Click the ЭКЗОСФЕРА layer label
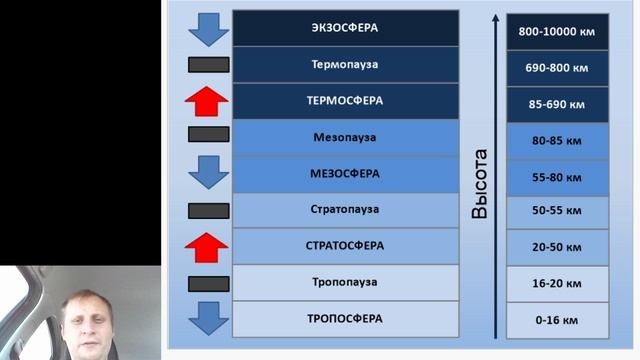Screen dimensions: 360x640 345,28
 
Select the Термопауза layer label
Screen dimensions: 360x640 345,65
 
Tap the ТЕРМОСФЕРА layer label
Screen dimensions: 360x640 345,101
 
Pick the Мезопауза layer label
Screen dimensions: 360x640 345,137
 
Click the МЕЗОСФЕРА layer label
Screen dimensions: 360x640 345,173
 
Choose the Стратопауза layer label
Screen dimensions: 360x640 345,209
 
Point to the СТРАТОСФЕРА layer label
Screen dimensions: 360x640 345,245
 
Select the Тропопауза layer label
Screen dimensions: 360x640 345,282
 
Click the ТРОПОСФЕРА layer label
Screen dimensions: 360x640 345,318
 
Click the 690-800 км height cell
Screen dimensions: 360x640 557,68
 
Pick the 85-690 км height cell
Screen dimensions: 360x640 557,104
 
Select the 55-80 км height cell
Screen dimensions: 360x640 557,177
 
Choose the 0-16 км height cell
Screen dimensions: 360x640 557,320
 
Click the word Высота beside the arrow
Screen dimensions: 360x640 481,184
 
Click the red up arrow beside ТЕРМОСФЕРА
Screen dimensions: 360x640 208,101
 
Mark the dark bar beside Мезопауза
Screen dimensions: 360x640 208,134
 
